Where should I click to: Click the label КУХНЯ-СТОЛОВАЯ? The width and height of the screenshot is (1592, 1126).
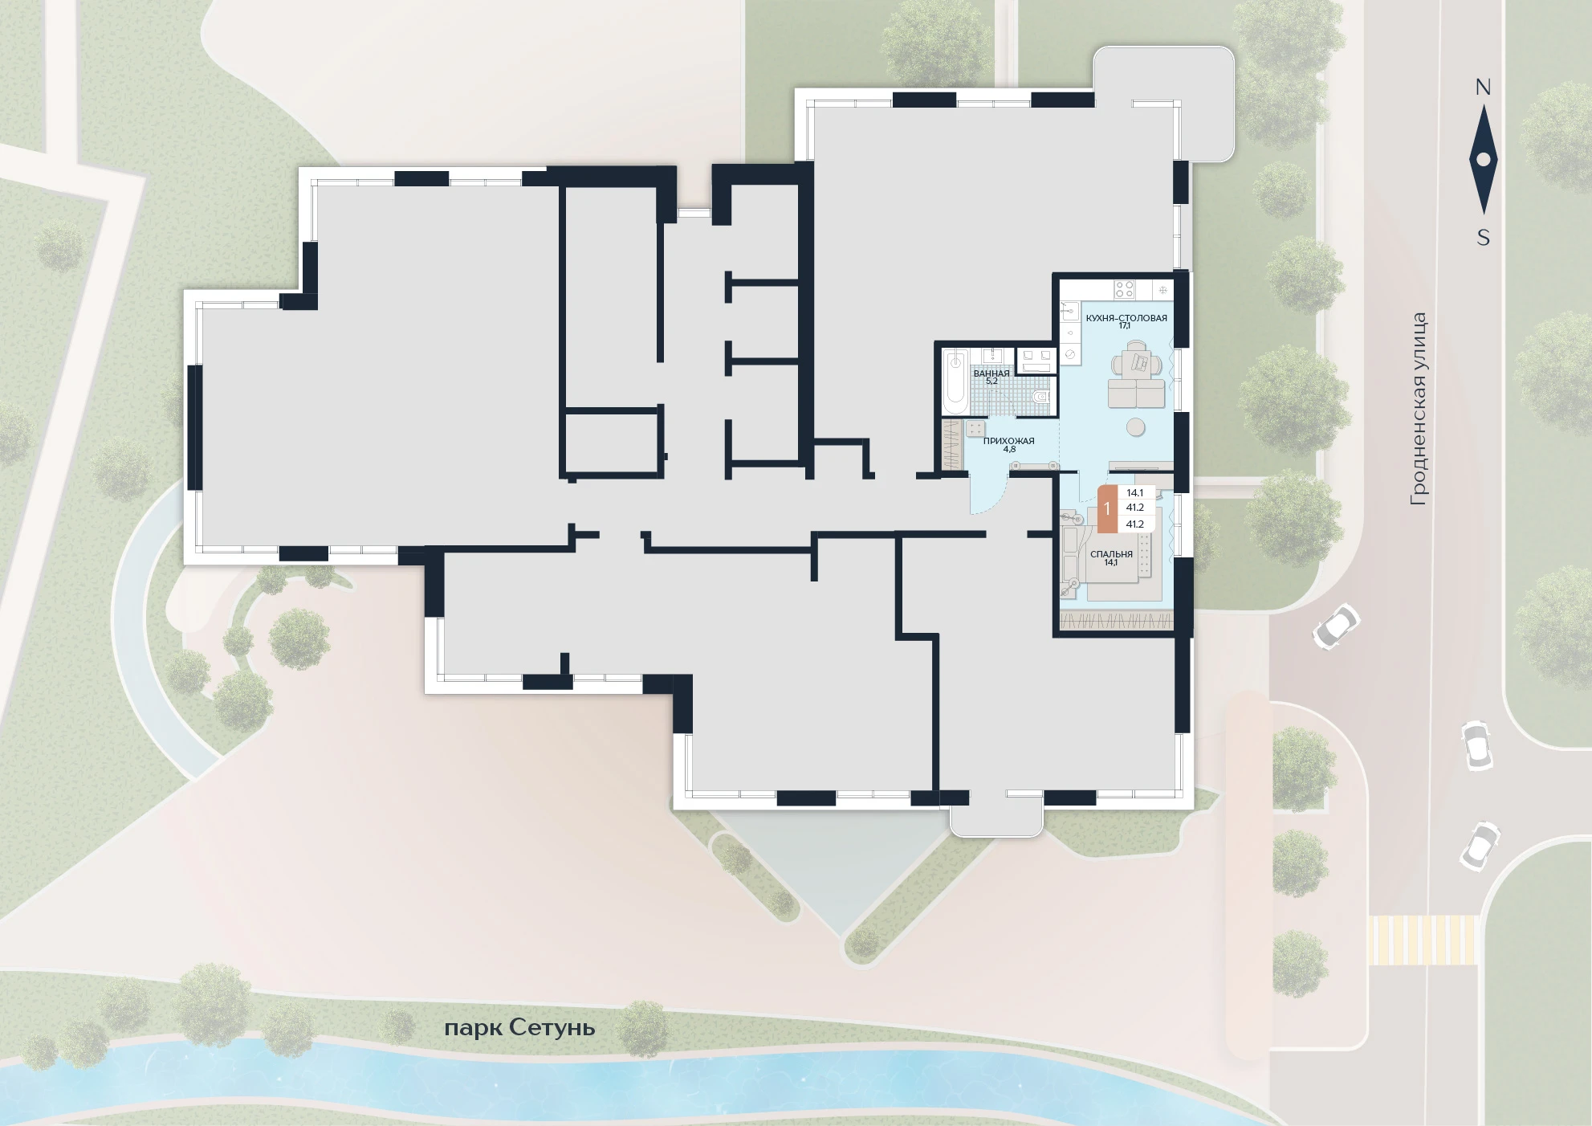click(1126, 317)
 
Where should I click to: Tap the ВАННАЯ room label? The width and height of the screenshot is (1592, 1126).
click(991, 373)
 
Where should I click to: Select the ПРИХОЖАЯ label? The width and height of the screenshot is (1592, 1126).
click(1009, 441)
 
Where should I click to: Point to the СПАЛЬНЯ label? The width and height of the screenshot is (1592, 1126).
click(1111, 554)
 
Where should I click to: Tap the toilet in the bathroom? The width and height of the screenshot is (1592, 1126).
click(1041, 395)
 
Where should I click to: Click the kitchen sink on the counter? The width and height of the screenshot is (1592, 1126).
click(1070, 308)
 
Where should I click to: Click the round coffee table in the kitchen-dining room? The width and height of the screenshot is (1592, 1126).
click(1136, 426)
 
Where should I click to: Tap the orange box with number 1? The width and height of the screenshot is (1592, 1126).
click(1107, 508)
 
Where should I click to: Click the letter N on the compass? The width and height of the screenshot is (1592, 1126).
click(1483, 88)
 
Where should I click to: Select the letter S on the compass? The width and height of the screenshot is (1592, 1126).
click(1484, 238)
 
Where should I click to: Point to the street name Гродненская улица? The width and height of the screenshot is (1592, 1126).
click(1419, 409)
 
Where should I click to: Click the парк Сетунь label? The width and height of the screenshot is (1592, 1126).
click(519, 1028)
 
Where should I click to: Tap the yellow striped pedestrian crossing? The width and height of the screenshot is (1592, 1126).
click(1423, 940)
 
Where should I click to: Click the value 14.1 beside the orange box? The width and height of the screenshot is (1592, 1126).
click(1134, 493)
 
